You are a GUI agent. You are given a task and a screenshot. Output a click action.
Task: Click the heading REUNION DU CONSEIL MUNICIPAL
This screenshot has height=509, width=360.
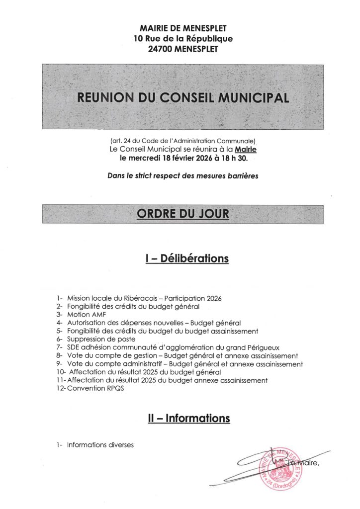point(183,97)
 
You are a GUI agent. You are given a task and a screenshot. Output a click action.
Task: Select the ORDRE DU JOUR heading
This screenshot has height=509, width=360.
point(183,214)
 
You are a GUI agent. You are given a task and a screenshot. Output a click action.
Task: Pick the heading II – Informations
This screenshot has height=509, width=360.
point(189,419)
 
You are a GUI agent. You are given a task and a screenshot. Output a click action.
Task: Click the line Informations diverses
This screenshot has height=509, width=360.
point(100,445)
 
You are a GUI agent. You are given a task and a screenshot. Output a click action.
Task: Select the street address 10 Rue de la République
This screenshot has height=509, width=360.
point(183,38)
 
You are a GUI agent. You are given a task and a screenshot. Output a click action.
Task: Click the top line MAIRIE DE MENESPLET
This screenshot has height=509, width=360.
point(183,28)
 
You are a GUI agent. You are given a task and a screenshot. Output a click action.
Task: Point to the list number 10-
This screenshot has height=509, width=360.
point(60,372)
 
